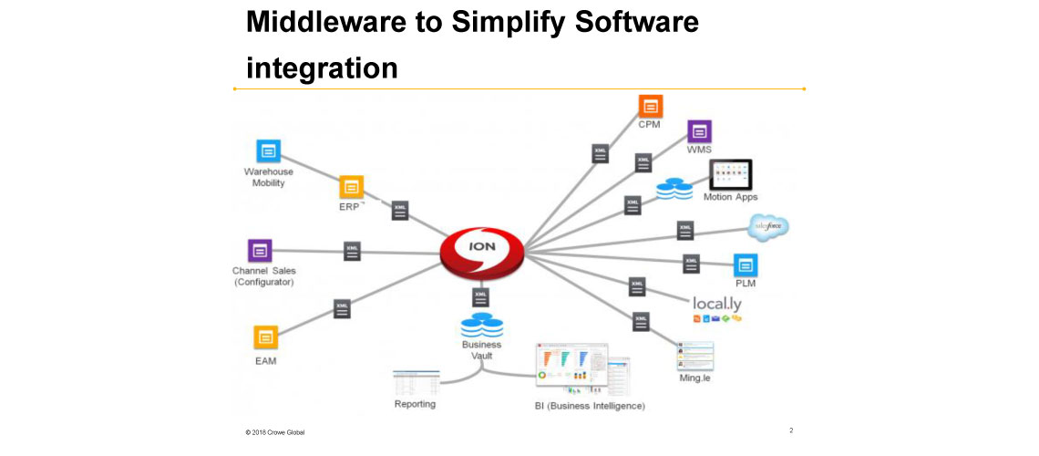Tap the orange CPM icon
tap(650, 105)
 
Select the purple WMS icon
tap(699, 131)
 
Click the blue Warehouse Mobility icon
tap(267, 151)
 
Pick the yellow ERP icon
tap(351, 187)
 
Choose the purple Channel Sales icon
tap(260, 250)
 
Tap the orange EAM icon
tap(266, 337)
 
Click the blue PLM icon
tap(746, 265)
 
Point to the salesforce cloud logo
tap(768, 227)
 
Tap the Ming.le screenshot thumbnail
tap(695, 355)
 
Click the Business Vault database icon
tap(481, 326)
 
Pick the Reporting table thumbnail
tap(416, 382)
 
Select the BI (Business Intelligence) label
tap(590, 405)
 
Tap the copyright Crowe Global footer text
tap(274, 431)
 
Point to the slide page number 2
tap(790, 430)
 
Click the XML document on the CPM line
tap(600, 153)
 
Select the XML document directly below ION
tap(481, 296)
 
